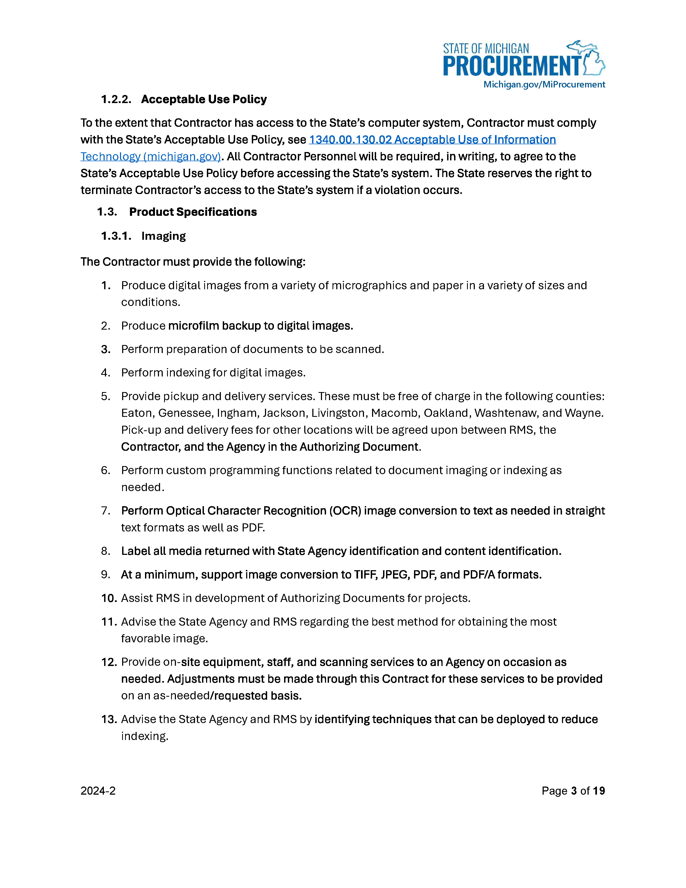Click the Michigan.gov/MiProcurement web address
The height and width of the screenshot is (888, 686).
(x=544, y=84)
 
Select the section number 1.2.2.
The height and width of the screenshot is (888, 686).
(x=116, y=99)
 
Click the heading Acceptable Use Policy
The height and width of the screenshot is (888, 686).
(x=204, y=99)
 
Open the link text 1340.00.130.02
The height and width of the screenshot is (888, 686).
(x=350, y=139)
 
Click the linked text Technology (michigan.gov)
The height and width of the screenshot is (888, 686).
(x=150, y=157)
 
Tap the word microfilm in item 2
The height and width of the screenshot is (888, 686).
(x=193, y=326)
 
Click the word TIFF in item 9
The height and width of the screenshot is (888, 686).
(x=365, y=575)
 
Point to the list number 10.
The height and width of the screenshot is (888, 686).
(x=109, y=598)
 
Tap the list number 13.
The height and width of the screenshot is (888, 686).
(x=109, y=719)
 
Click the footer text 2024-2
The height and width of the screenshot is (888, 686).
(x=98, y=791)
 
